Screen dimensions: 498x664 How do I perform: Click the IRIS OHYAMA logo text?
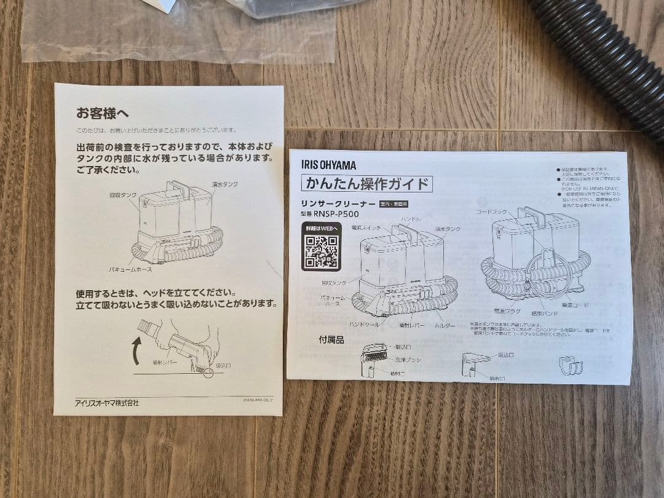pos(328,165)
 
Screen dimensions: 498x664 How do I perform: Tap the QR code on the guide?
pos(320,253)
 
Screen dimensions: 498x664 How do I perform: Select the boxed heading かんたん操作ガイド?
pos(367,183)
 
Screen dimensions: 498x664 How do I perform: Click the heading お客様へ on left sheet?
pos(102,113)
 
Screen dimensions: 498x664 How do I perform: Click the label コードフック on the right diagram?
pos(491,211)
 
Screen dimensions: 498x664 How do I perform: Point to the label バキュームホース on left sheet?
pos(131,269)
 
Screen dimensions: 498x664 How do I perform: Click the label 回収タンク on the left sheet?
pos(123,195)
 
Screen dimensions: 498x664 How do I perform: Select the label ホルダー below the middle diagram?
pos(445,325)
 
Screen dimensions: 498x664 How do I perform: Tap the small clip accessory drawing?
pos(569,365)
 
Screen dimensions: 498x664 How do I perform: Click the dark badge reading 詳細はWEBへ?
pos(320,228)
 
